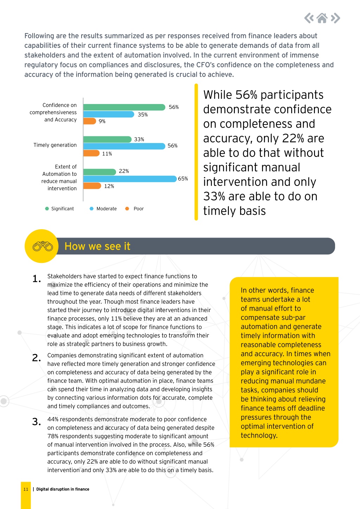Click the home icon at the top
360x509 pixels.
(322, 18)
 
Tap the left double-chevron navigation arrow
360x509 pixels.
(309, 18)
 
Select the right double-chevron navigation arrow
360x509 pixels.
(335, 18)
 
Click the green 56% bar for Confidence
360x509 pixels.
(124, 107)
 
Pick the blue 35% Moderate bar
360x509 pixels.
(109, 114)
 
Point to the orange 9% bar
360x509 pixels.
(90, 121)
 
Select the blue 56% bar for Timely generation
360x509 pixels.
(124, 146)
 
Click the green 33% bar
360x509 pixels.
(107, 139)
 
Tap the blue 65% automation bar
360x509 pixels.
(130, 179)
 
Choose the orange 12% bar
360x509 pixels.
(92, 186)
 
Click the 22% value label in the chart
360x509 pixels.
(124, 171)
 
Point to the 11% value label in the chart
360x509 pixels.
(107, 154)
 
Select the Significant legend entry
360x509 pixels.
(59, 208)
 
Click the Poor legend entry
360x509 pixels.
(135, 208)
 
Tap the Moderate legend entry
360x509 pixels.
(103, 208)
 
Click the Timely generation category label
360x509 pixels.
(55, 145)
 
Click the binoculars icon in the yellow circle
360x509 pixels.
(43, 246)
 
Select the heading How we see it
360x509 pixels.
(97, 246)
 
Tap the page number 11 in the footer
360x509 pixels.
(26, 489)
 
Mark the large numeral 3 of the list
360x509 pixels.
(36, 422)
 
